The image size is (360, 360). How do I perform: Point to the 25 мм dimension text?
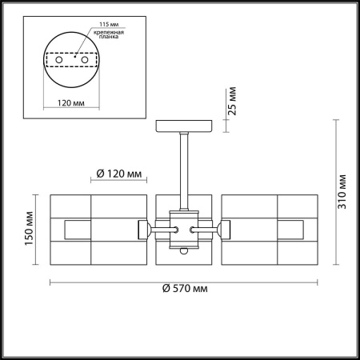click(234, 100)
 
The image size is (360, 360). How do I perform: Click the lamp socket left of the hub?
click(146, 229)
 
